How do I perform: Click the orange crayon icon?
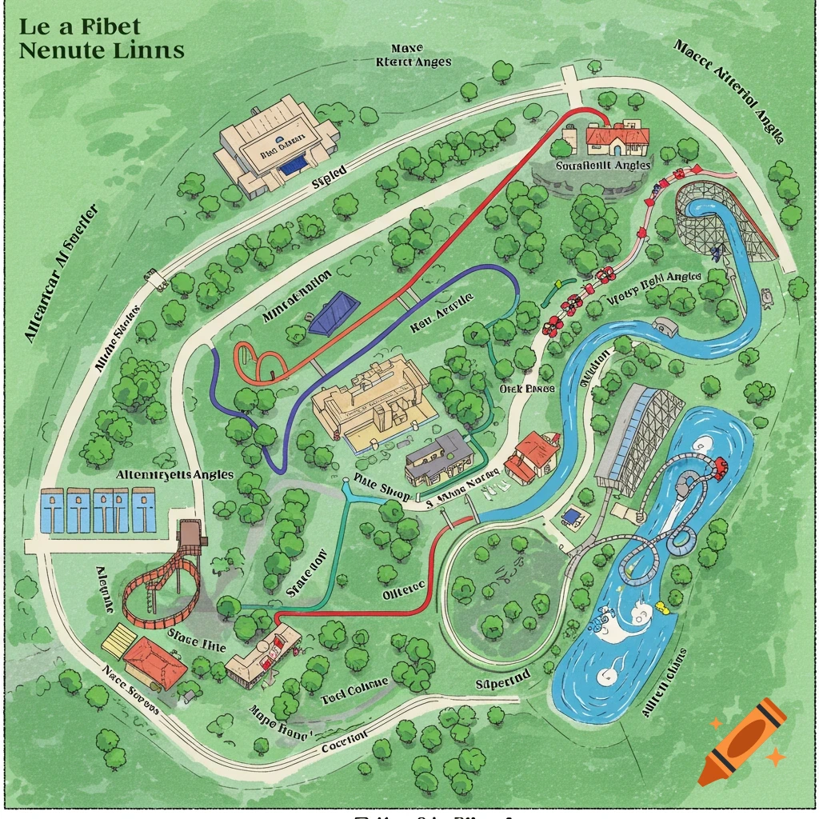[742, 740]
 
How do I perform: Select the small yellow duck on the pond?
[661, 608]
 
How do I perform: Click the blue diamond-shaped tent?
[334, 313]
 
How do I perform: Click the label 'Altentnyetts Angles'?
[175, 474]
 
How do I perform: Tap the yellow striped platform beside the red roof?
[118, 641]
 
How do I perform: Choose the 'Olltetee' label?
[403, 593]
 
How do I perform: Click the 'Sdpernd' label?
[502, 678]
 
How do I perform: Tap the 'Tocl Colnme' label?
[354, 688]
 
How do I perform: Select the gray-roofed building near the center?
[439, 457]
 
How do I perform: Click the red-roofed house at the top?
[616, 138]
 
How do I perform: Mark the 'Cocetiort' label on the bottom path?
[344, 741]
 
